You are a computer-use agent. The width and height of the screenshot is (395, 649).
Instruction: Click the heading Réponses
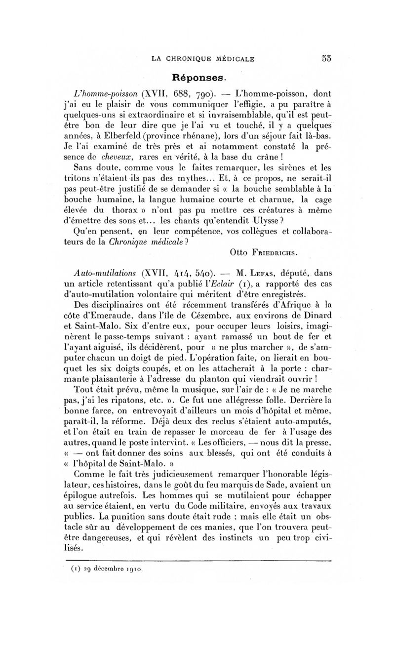[198, 78]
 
